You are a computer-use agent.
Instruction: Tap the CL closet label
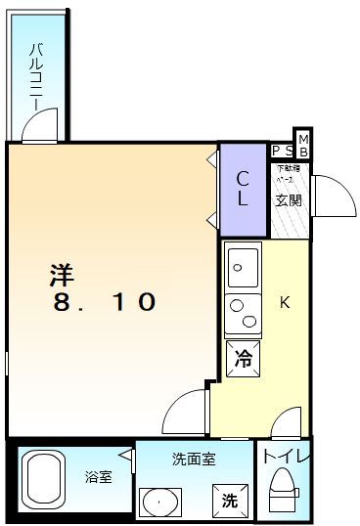pos(243,189)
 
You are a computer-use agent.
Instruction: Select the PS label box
pos(282,151)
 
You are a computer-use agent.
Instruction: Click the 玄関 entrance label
pos(288,201)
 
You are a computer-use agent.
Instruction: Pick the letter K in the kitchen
pos(285,302)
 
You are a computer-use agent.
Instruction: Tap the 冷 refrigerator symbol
pos(244,359)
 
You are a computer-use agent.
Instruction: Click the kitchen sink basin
pos(243,264)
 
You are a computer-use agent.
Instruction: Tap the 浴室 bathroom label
pos(98,477)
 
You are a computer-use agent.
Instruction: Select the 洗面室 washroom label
pos(194,458)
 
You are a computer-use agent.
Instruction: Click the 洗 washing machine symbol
pos(229,501)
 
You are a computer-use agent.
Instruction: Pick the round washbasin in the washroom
pos(159,502)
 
